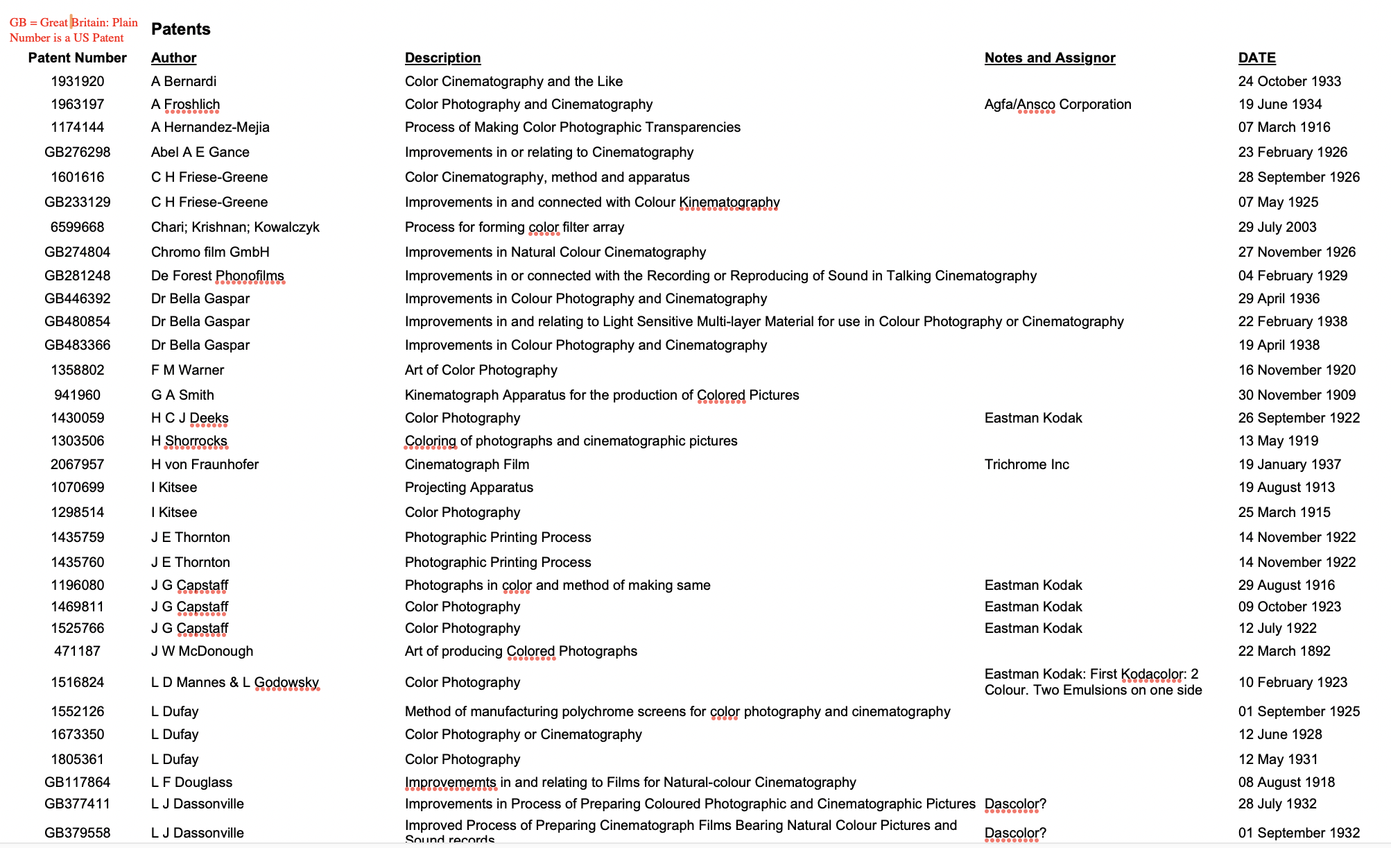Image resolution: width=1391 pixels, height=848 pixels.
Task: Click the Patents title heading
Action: click(x=180, y=29)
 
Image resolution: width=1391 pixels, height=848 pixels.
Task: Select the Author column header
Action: click(x=173, y=58)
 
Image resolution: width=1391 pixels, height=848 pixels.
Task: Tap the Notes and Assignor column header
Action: click(x=1049, y=58)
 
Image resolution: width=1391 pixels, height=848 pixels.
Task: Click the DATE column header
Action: click(x=1256, y=58)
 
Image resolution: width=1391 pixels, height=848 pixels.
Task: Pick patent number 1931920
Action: click(x=77, y=81)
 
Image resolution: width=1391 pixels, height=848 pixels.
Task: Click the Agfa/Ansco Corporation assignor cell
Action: click(x=1057, y=104)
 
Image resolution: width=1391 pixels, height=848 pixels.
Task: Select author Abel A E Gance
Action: click(x=200, y=152)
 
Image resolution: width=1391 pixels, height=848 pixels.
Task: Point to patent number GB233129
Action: click(x=77, y=202)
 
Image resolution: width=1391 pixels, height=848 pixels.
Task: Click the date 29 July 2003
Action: click(x=1277, y=227)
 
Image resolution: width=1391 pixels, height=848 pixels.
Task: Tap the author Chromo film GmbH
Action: click(x=210, y=252)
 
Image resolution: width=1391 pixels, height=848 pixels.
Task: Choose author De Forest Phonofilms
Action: click(x=217, y=275)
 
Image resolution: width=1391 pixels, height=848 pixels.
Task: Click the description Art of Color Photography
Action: click(x=481, y=370)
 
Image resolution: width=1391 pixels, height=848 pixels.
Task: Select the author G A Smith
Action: click(x=182, y=395)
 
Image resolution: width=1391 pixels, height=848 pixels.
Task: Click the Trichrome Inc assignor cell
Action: click(x=1026, y=464)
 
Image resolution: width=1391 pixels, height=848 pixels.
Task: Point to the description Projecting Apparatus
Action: click(x=469, y=487)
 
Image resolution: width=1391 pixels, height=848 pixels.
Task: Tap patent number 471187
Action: click(x=77, y=651)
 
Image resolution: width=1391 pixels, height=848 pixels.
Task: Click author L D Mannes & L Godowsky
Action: click(x=234, y=682)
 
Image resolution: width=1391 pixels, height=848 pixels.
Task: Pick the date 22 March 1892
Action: click(x=1284, y=651)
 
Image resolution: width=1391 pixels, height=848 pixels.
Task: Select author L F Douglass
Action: click(x=191, y=782)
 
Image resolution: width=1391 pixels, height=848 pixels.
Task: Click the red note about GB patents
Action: click(x=74, y=30)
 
